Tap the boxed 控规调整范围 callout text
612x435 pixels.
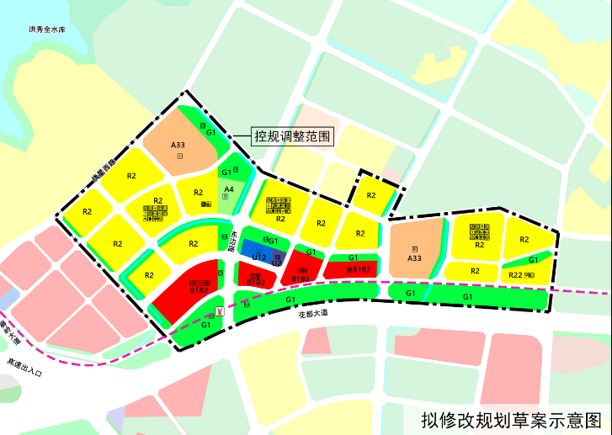pos(293,135)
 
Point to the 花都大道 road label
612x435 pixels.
pos(315,313)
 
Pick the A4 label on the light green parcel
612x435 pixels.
pos(228,190)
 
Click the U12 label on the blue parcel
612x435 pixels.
pos(259,257)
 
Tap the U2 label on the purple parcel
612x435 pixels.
pos(277,263)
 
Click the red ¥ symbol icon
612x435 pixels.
pos(221,312)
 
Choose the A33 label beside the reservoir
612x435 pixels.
pos(178,146)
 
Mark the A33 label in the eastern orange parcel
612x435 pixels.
pos(414,258)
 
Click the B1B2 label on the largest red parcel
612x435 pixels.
pos(200,289)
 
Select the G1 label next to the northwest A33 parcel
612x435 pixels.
pos(211,132)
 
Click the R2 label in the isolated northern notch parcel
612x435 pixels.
pos(371,195)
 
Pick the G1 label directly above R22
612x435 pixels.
pos(533,260)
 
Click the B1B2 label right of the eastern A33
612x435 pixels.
pos(359,269)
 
